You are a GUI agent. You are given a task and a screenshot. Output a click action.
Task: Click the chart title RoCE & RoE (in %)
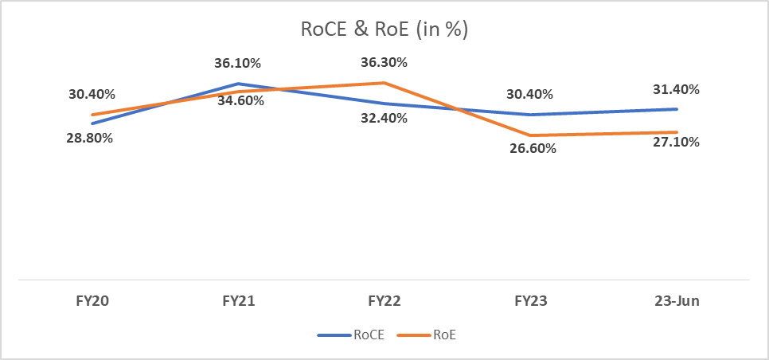[384, 29]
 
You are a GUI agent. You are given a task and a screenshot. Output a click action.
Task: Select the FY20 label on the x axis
[92, 302]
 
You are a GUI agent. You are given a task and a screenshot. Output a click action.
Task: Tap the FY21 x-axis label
[238, 302]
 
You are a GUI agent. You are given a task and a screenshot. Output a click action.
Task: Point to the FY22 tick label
[384, 302]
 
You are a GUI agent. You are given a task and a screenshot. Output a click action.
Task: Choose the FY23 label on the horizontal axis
[531, 302]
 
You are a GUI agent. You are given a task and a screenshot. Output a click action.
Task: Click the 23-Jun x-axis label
[677, 302]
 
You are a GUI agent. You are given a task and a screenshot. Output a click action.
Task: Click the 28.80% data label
[90, 138]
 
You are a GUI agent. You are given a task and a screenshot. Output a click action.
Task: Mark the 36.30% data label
[384, 62]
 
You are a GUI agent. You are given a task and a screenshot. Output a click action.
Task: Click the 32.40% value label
[384, 118]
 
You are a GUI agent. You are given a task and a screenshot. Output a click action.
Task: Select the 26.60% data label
[530, 148]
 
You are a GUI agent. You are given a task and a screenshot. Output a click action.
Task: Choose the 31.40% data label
[677, 89]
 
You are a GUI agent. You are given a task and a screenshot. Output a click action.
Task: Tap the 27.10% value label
[677, 142]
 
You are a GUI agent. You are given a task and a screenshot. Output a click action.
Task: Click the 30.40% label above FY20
[92, 94]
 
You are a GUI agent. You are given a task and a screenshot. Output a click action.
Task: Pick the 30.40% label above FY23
[530, 94]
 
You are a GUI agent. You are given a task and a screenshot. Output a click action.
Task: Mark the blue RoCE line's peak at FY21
[238, 83]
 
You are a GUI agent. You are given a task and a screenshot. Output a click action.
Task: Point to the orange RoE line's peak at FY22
[384, 83]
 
